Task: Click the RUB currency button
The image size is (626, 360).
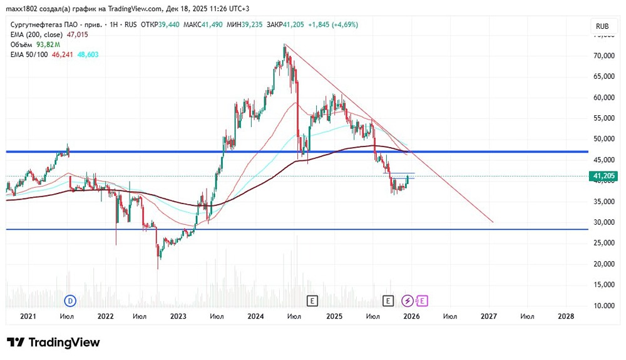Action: point(602,26)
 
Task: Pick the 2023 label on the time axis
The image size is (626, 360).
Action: point(178,317)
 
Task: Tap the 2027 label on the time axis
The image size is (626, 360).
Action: point(488,317)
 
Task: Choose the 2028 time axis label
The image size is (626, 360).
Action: point(565,317)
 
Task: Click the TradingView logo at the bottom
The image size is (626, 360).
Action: point(53,342)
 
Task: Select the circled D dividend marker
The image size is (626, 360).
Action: point(71,301)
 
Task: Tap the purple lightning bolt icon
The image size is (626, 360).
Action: point(408,301)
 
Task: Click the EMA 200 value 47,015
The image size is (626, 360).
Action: point(78,34)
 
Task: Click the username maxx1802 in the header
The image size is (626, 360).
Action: point(23,9)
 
